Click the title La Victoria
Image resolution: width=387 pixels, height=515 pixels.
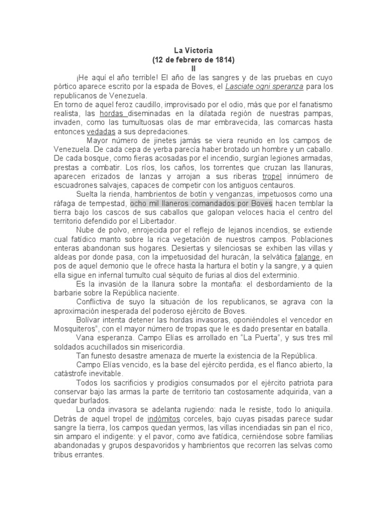coord(193,50)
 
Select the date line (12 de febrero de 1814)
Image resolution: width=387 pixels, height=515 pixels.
coord(193,59)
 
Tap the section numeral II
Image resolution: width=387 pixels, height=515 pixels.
coord(193,68)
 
